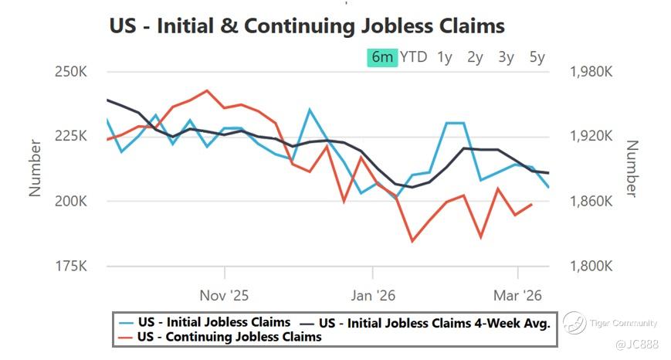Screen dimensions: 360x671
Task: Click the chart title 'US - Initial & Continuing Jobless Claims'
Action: coord(307,25)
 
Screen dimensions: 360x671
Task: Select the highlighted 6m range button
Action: coord(382,57)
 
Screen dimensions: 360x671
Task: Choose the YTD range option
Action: coord(414,57)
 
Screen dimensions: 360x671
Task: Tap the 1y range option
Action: coord(445,57)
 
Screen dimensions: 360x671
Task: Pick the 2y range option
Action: coord(476,57)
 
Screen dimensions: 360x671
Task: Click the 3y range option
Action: coord(507,57)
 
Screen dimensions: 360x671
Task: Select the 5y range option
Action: coord(537,57)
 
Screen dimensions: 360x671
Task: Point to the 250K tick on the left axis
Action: coord(71,72)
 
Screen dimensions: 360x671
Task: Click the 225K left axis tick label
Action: coord(71,136)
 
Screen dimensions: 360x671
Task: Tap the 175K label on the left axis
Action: coord(71,266)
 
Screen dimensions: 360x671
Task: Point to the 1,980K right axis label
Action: coord(591,72)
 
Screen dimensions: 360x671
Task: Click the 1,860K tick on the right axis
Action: coord(591,201)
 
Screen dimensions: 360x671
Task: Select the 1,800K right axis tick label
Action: coord(591,266)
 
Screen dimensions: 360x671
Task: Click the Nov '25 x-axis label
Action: coord(224,295)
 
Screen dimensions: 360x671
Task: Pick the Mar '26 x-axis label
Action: coord(517,295)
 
